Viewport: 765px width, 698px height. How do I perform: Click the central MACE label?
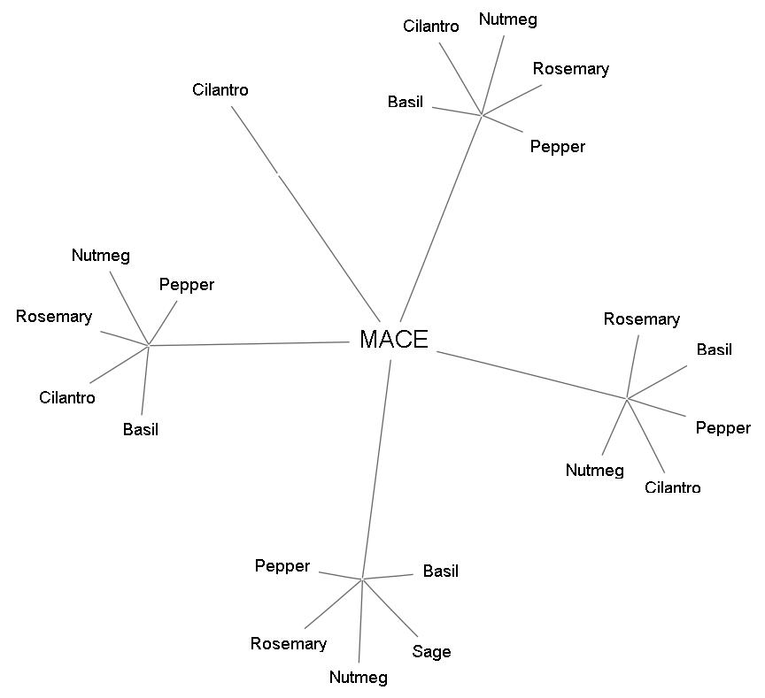click(x=394, y=340)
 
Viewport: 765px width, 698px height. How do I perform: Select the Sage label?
click(x=431, y=652)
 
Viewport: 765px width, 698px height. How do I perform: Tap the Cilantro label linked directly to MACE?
click(x=220, y=90)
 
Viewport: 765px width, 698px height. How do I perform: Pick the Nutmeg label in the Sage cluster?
click(x=358, y=678)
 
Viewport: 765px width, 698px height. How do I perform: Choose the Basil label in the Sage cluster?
click(x=440, y=571)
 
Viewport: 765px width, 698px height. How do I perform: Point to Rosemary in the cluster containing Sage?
click(x=288, y=644)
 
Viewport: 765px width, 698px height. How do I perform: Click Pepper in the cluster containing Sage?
click(x=282, y=566)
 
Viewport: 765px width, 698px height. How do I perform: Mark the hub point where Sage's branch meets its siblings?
click(x=362, y=579)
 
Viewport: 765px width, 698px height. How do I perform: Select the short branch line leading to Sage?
click(x=390, y=608)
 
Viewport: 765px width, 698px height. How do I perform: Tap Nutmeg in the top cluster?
click(x=507, y=19)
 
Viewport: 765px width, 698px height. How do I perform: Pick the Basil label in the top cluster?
click(x=405, y=103)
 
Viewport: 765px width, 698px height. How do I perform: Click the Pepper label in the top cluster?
click(x=557, y=147)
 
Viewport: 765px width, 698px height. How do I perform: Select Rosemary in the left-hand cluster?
click(x=53, y=317)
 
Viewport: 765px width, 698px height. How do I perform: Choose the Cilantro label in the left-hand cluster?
click(x=66, y=398)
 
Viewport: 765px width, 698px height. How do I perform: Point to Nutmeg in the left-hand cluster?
click(x=100, y=257)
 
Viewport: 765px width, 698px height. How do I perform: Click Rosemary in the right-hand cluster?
click(x=641, y=319)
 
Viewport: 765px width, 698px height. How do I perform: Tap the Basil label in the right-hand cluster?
click(x=714, y=350)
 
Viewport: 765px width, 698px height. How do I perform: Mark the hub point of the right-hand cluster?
click(x=627, y=399)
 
